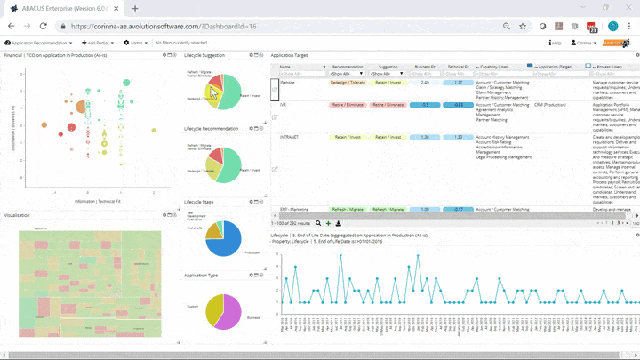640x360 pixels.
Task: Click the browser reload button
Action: pyautogui.click(x=43, y=27)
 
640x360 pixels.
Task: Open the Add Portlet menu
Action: pyautogui.click(x=97, y=42)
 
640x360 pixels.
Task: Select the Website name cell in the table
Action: pyautogui.click(x=289, y=82)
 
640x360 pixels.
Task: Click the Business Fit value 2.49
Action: pyautogui.click(x=425, y=82)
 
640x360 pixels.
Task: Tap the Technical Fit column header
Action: pyautogui.click(x=458, y=67)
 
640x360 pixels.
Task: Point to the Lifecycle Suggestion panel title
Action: pyautogui.click(x=204, y=55)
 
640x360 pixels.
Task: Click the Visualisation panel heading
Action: pyautogui.click(x=18, y=215)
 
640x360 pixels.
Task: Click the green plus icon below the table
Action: pyautogui.click(x=328, y=223)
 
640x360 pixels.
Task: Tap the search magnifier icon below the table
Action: pyautogui.click(x=318, y=223)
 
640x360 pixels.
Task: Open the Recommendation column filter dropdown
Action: pyautogui.click(x=347, y=74)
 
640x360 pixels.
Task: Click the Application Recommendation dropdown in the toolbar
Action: pyautogui.click(x=39, y=42)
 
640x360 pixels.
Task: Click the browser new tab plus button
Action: pyautogui.click(x=135, y=8)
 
